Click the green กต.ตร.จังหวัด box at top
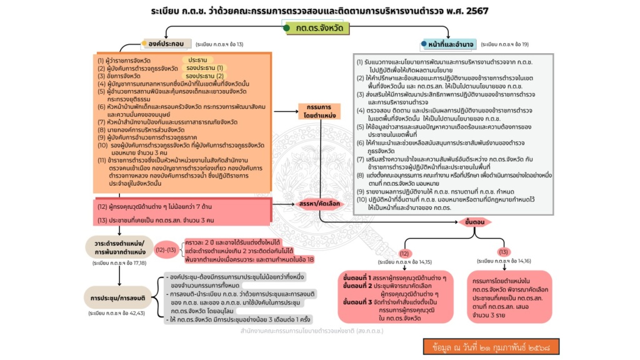319,28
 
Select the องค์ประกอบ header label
163,44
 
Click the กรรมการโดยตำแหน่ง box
319,111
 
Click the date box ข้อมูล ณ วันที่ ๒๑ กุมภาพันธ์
489,346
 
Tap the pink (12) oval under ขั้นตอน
404,253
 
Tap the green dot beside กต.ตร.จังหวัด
286,28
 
